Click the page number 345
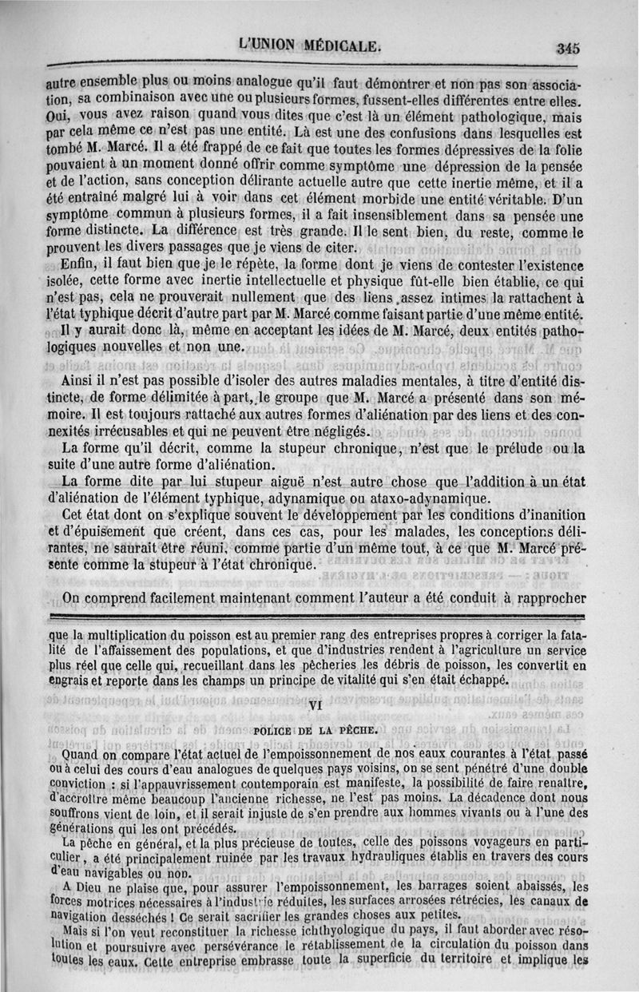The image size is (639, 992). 569,47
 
